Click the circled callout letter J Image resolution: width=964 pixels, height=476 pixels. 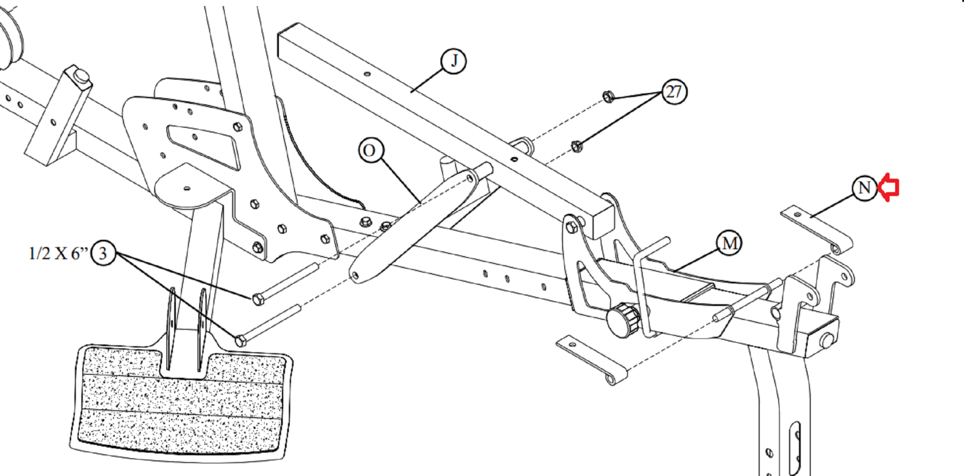tap(454, 61)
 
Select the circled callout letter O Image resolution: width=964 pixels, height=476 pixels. tap(371, 150)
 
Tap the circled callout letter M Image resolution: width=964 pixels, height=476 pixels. tap(729, 243)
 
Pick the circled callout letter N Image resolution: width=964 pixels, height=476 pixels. tap(864, 188)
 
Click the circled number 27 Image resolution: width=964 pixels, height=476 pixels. tap(674, 92)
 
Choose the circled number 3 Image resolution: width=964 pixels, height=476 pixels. tap(103, 252)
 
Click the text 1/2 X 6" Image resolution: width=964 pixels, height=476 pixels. tap(58, 253)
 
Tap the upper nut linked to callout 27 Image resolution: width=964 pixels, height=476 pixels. tap(608, 96)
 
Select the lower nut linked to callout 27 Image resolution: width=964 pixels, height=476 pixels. tap(577, 146)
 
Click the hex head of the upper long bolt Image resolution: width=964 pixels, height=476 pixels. tap(258, 299)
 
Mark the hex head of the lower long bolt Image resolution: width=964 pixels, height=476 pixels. tap(240, 341)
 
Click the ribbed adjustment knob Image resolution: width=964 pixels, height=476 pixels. tap(624, 321)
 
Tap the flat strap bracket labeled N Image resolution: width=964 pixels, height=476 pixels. tap(816, 230)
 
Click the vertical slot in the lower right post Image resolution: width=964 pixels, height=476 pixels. tap(794, 448)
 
